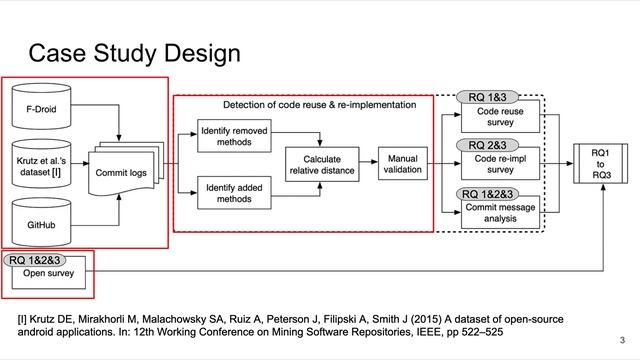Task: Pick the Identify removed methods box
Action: (233, 137)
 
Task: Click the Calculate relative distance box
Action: (322, 164)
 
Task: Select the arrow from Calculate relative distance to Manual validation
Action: (367, 163)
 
